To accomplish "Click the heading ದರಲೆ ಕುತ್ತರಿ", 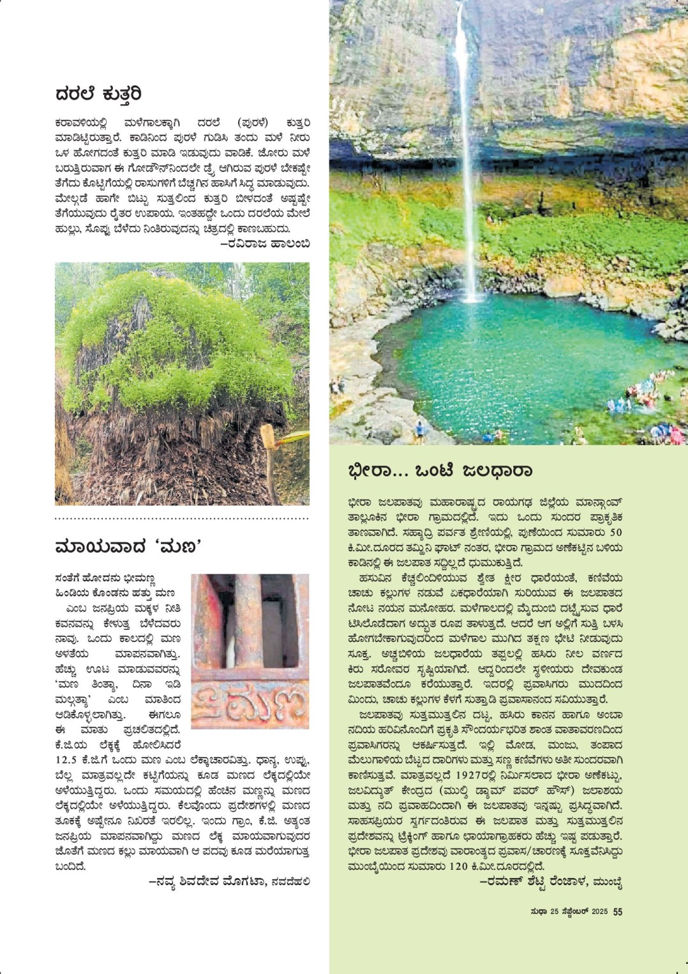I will click(98, 95).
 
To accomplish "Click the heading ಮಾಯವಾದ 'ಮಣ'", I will click(128, 547).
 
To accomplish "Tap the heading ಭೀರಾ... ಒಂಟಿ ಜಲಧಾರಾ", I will click(440, 471).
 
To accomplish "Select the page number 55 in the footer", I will click(618, 911).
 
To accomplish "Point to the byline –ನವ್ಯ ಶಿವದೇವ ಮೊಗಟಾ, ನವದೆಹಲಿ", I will click(229, 881).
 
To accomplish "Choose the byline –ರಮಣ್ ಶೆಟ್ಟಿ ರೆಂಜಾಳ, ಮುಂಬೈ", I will click(551, 882).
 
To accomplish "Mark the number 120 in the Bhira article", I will click(458, 866).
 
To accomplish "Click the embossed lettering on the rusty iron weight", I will click(250, 705).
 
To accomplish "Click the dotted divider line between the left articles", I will click(182, 518).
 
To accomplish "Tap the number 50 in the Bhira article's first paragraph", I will click(616, 532).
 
